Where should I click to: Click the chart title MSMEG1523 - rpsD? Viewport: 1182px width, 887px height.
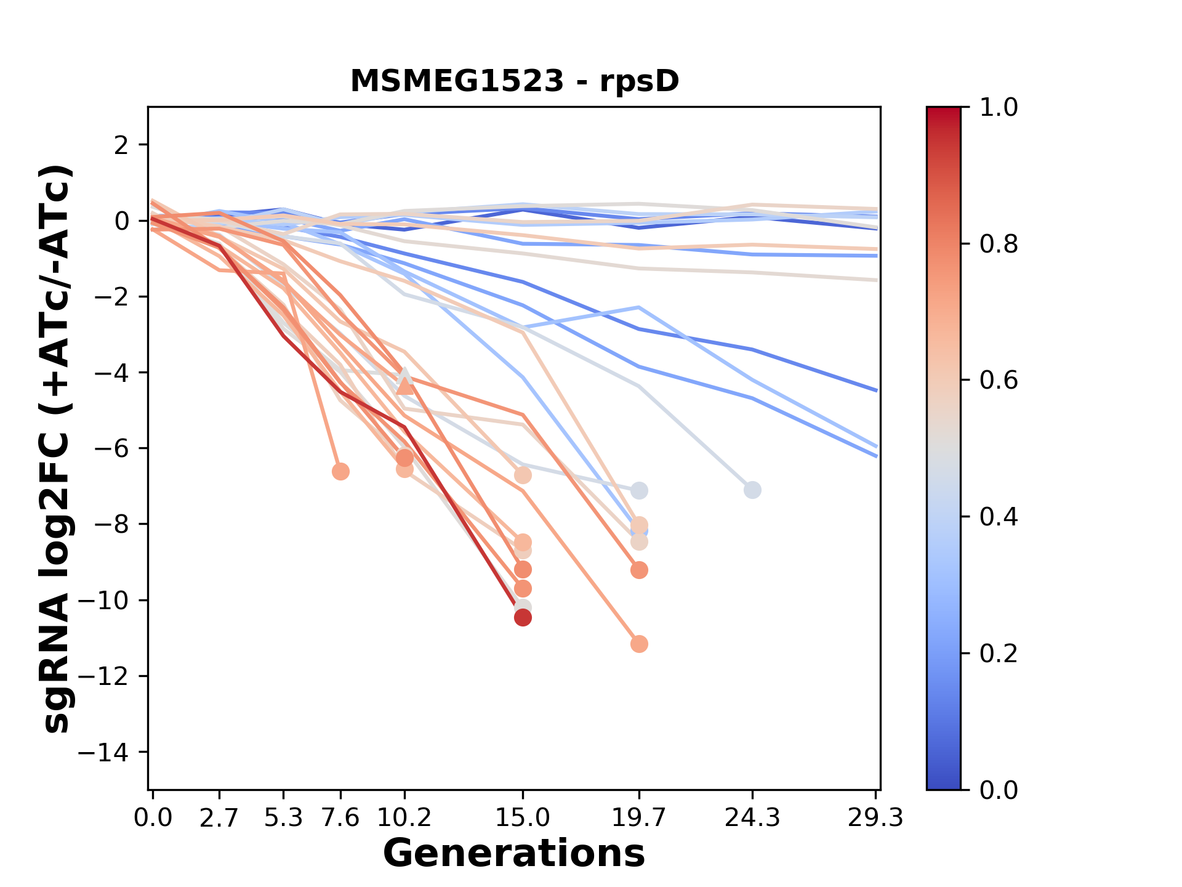(x=515, y=81)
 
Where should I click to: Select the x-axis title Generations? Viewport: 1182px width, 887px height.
(x=514, y=854)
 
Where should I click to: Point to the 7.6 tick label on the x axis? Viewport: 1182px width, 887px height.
(x=340, y=818)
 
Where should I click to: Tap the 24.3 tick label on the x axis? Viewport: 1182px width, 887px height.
(x=752, y=818)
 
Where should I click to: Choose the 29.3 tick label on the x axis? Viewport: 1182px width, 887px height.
(x=875, y=818)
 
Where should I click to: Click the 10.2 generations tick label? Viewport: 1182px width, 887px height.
(x=404, y=818)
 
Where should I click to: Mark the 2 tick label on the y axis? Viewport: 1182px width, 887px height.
(x=121, y=145)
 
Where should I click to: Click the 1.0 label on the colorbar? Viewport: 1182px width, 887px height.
(x=999, y=108)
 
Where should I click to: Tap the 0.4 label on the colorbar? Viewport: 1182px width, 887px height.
(x=999, y=517)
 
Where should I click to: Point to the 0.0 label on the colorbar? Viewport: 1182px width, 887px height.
(x=999, y=790)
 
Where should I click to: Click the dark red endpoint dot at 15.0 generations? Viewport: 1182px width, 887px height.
(x=523, y=617)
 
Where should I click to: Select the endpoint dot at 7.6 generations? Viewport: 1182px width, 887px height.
(x=340, y=472)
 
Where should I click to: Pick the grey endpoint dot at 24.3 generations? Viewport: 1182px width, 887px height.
(x=752, y=490)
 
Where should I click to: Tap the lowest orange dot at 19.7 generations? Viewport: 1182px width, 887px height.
(x=639, y=644)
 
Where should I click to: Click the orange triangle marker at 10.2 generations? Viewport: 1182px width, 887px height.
(x=404, y=386)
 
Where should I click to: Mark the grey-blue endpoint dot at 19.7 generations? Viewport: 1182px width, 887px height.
(x=639, y=491)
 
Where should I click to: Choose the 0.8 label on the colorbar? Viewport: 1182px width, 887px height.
(x=999, y=245)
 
